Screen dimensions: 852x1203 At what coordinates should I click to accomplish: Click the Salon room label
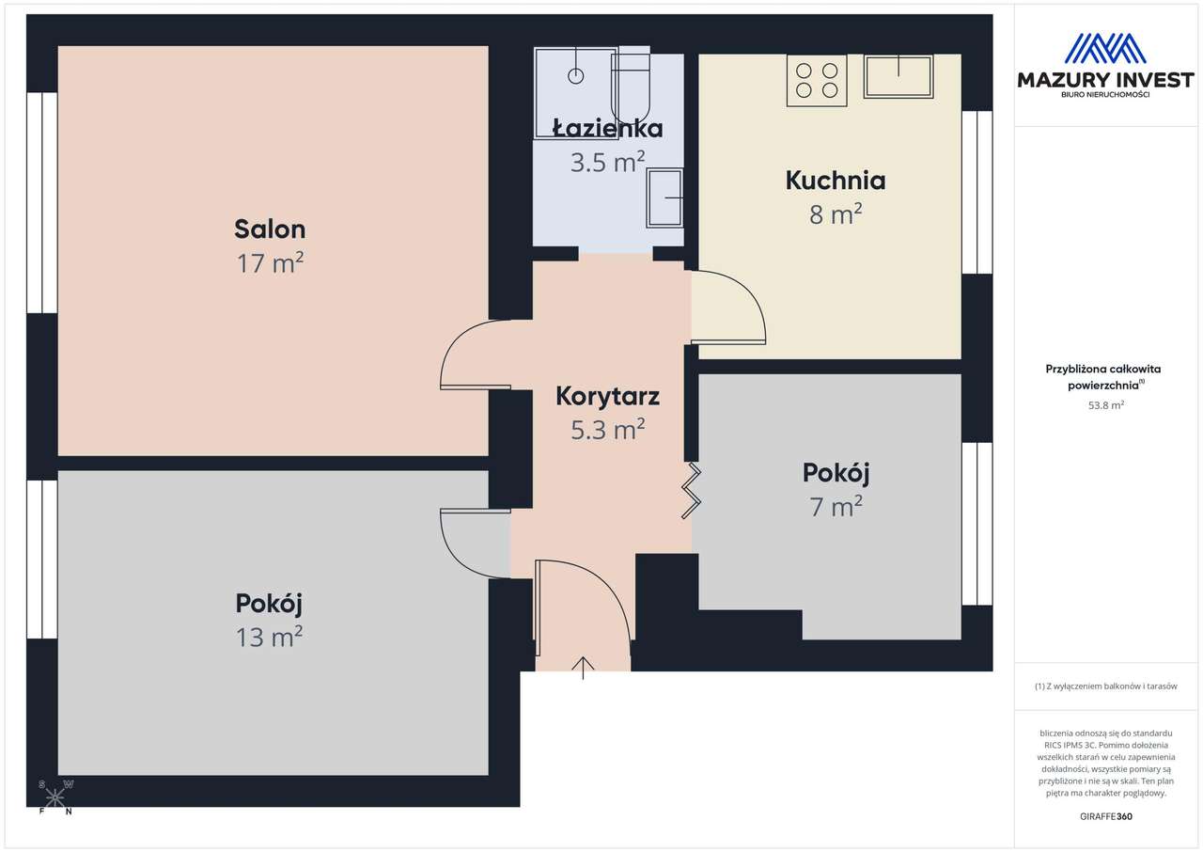click(270, 229)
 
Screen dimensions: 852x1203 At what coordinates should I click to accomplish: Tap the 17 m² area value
click(270, 263)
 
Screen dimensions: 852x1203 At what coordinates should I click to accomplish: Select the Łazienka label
click(607, 129)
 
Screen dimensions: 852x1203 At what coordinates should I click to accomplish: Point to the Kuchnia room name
click(836, 181)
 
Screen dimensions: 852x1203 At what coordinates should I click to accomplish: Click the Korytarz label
click(607, 396)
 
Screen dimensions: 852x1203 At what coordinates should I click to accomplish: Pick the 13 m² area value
click(269, 638)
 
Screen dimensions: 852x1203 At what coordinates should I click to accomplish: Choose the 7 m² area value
click(836, 507)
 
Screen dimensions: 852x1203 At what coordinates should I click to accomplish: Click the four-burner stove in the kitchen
click(817, 80)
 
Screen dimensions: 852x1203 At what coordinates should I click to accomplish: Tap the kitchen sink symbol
click(898, 76)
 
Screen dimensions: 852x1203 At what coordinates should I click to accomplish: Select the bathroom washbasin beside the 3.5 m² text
click(665, 197)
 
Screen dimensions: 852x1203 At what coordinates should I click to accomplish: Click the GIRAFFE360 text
click(1108, 816)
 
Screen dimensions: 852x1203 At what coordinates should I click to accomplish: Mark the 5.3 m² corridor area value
click(607, 430)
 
